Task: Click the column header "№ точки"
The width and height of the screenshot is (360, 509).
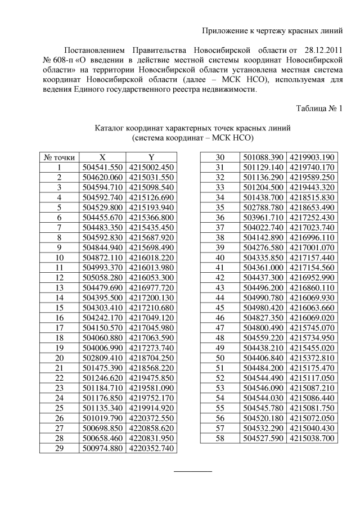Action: point(59,157)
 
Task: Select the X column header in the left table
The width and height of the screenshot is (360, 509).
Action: point(102,157)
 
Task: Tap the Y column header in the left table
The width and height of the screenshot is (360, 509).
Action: point(151,157)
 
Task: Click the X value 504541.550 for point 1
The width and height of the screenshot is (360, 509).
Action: point(102,167)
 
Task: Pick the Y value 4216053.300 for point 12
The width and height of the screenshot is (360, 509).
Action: point(151,277)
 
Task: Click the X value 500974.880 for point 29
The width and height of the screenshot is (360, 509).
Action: point(102,448)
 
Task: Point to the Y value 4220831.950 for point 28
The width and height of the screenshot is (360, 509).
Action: point(151,438)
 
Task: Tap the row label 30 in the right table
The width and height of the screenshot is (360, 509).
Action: point(220,157)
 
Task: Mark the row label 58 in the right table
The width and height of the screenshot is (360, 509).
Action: point(220,438)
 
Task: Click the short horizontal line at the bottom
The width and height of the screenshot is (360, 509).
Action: point(193,470)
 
